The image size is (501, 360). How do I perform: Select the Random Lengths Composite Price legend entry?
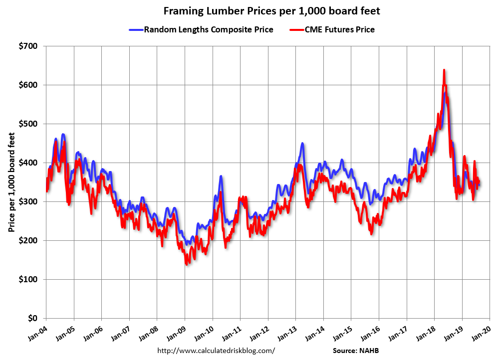pos(209,29)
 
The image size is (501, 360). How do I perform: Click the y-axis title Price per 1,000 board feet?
pos(11,182)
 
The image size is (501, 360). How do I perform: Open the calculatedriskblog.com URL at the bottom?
pos(216,351)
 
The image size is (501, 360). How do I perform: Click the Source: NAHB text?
pos(359,351)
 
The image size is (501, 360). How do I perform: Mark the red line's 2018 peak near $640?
pos(444,70)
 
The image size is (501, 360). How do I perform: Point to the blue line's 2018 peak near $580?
pos(445,93)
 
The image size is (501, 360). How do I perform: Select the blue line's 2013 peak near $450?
pos(302,144)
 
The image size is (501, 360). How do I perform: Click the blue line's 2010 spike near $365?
pos(221,176)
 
